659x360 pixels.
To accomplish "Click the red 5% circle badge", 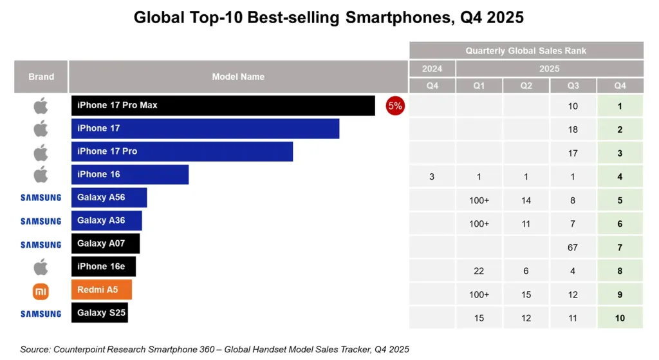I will click(x=394, y=106).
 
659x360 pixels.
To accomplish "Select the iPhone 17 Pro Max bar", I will click(x=223, y=106).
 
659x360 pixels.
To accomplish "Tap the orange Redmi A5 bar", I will click(x=102, y=290).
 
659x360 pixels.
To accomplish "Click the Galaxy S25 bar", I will click(x=99, y=313).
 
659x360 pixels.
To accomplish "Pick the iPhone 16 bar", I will click(x=130, y=175).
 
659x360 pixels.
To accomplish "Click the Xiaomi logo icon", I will click(x=41, y=291).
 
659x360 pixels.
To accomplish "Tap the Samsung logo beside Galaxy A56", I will click(x=41, y=198).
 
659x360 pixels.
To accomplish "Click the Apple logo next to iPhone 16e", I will click(x=41, y=267).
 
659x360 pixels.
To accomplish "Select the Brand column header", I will click(x=41, y=77).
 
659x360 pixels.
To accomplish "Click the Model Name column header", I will click(x=238, y=77).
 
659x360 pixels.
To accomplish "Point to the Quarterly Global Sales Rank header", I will click(x=526, y=50).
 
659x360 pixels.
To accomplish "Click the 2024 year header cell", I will click(x=432, y=68).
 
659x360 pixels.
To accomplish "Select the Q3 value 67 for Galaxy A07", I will click(x=573, y=247).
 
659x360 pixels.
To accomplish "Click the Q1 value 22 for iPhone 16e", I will click(x=479, y=271).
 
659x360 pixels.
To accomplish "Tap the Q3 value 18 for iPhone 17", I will click(x=573, y=129).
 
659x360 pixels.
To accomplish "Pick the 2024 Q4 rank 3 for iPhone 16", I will click(x=432, y=176).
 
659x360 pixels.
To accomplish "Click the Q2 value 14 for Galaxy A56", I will click(x=526, y=200).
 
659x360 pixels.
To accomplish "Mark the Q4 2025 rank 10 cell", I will click(x=620, y=318).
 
